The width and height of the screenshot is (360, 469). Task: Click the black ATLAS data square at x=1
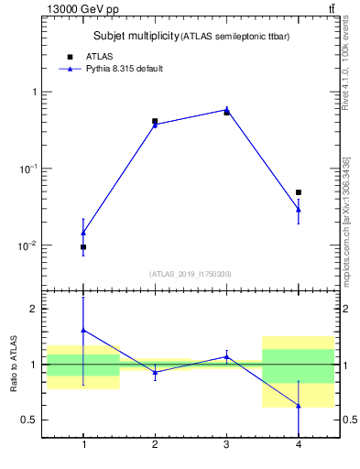(83, 247)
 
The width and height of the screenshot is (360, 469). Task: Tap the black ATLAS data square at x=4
(299, 192)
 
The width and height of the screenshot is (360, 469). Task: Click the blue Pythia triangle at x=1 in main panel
(83, 233)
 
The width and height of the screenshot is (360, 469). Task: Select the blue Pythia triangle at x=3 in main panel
(226, 109)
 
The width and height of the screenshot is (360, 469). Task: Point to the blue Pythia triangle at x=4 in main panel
(299, 210)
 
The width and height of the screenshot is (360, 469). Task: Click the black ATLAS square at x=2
(155, 121)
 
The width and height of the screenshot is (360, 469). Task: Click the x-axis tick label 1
(83, 445)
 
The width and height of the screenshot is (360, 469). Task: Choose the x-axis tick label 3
(226, 445)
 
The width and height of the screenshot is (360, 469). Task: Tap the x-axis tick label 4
(299, 445)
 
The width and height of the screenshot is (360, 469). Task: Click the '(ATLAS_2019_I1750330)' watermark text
(191, 274)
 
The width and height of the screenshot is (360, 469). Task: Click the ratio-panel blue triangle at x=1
(83, 330)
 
